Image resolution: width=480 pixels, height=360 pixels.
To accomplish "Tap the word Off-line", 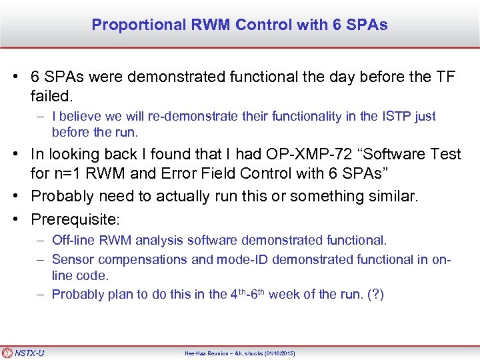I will pos(73,240).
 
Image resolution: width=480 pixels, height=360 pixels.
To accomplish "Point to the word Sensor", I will pos(72,259).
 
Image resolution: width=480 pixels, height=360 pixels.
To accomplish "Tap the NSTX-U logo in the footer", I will pos(24,353).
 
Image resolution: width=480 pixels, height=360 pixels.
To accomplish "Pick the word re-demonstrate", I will pos(169,117).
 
